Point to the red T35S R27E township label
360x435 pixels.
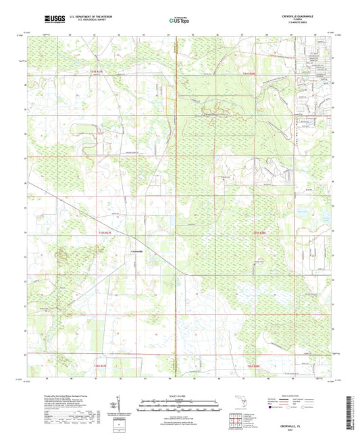click(x=100, y=232)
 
